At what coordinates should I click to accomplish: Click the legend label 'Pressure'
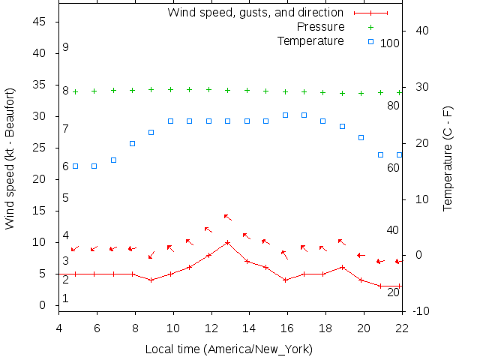(x=321, y=27)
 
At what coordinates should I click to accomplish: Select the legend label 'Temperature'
(x=310, y=40)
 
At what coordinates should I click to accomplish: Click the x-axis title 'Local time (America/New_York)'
(x=229, y=349)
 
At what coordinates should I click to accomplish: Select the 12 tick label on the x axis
(x=211, y=327)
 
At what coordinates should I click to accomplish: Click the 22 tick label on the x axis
(x=402, y=327)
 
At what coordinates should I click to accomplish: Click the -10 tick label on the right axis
(x=420, y=311)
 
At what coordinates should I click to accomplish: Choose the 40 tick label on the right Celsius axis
(x=421, y=31)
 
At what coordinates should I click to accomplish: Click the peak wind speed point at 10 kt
(x=227, y=242)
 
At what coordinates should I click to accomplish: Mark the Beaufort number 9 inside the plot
(x=66, y=47)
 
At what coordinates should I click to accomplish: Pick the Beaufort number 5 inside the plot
(x=66, y=198)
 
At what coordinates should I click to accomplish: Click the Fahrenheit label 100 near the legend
(x=390, y=43)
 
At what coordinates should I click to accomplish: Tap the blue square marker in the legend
(x=370, y=40)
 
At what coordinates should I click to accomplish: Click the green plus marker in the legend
(x=370, y=27)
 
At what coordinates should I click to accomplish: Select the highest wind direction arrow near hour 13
(x=227, y=217)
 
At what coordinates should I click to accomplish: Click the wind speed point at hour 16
(x=285, y=280)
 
